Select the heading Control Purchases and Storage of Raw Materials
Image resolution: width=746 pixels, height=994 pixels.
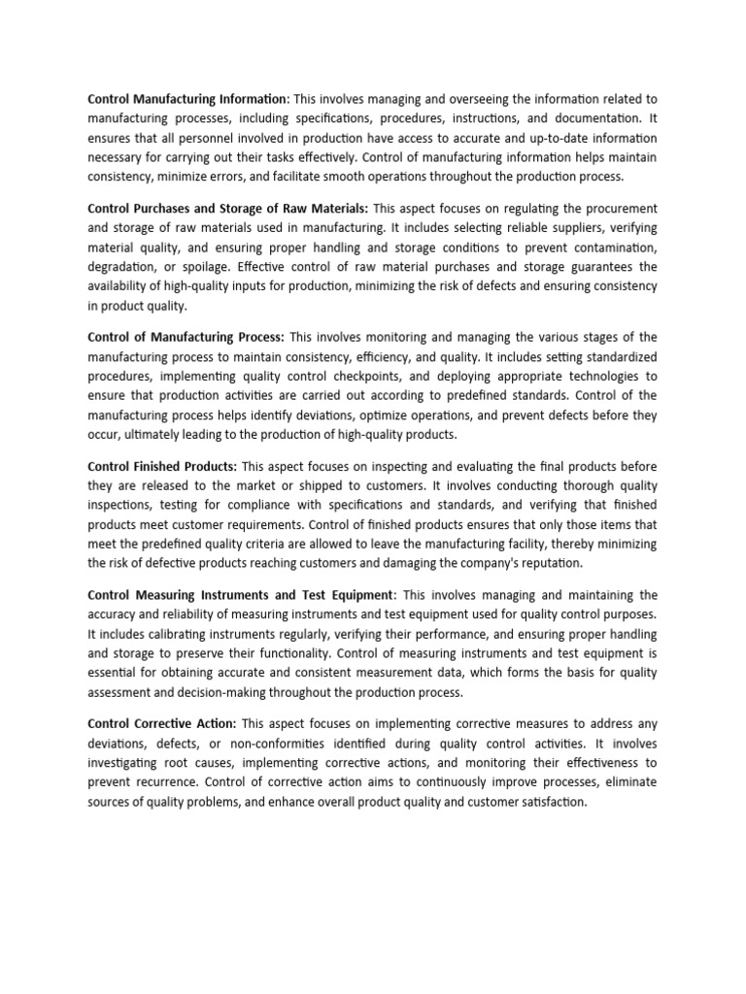227,209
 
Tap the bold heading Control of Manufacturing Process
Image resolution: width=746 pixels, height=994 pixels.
186,337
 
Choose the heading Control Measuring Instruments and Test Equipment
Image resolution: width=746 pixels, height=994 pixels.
242,594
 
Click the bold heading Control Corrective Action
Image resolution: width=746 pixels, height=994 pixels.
162,723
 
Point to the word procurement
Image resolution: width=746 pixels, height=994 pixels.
619,209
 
